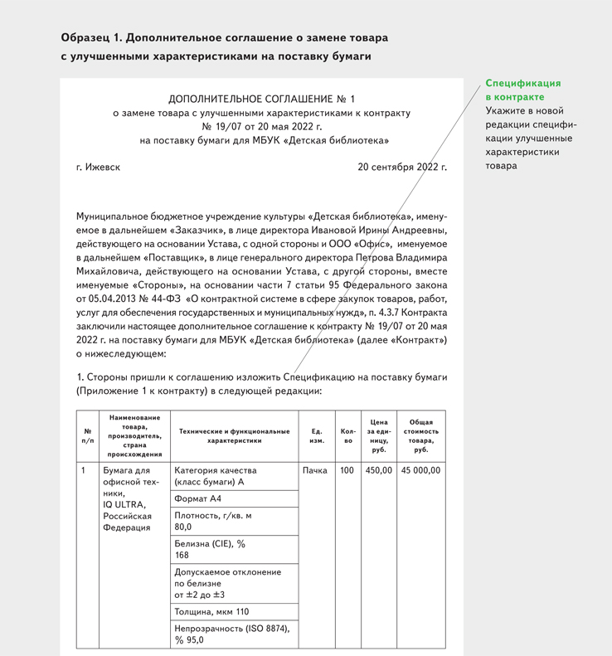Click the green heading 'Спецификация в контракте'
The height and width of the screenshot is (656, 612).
[523, 90]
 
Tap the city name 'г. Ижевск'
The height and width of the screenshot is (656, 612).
[98, 167]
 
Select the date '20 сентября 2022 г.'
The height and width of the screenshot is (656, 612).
[402, 167]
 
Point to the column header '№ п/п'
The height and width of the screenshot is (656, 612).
[88, 435]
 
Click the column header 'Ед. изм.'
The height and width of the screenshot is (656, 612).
[317, 435]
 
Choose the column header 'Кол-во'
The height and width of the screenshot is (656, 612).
[347, 435]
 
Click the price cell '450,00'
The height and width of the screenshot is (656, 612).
[378, 470]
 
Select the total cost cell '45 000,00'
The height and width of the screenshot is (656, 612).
[420, 470]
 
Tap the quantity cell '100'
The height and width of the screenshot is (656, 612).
[347, 470]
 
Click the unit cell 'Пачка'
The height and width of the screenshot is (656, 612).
[315, 470]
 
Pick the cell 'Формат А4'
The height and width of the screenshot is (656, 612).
[198, 498]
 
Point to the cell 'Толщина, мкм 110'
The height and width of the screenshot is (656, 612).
[211, 612]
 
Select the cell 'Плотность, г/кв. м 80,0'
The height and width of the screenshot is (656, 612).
[213, 521]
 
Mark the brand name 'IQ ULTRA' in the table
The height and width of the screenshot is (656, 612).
[124, 504]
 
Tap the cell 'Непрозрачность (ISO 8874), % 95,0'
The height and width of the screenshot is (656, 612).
[232, 634]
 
